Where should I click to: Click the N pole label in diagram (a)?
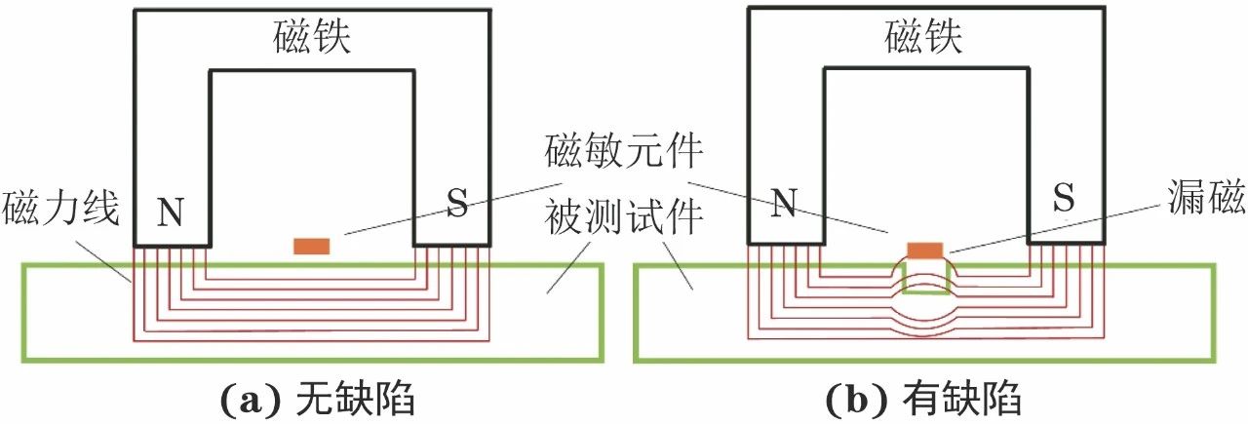coord(171,212)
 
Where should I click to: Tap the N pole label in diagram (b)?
coord(784,203)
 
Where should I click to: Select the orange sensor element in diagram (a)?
coord(312,246)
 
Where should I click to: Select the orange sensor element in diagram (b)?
coord(924,251)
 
